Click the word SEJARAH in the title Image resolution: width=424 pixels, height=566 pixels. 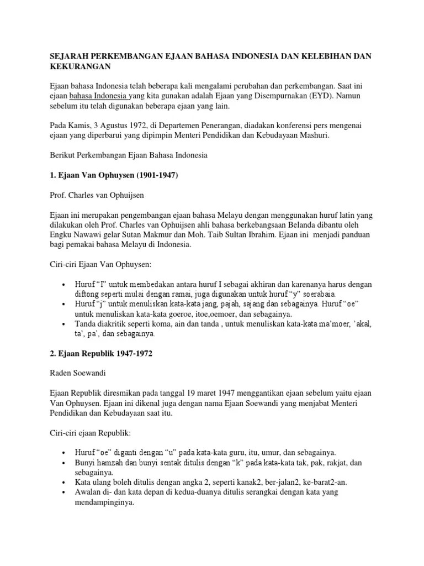pos(68,56)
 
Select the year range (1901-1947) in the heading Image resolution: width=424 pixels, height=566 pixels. pos(158,176)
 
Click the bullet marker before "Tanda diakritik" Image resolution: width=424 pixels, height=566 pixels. pos(65,323)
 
